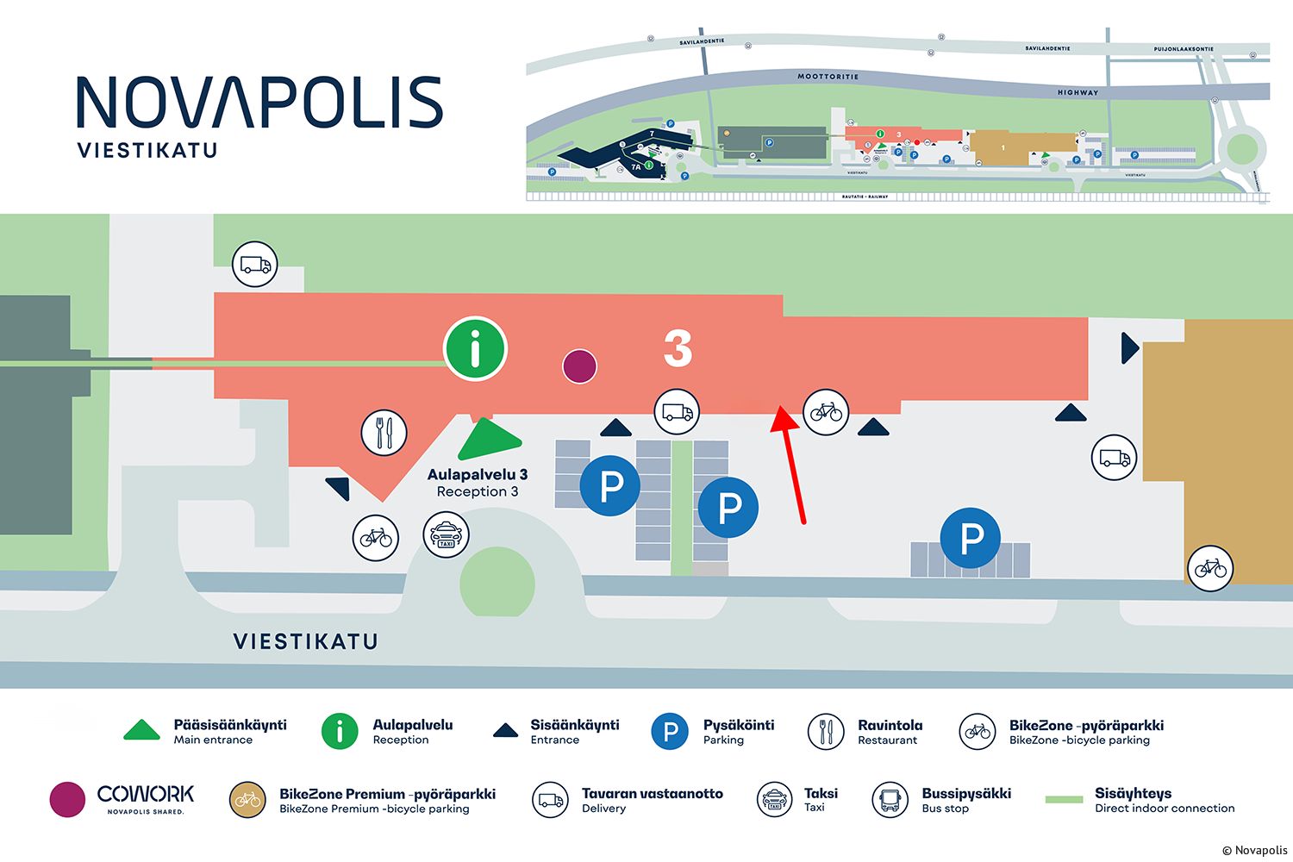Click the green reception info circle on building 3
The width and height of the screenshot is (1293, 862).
point(475,349)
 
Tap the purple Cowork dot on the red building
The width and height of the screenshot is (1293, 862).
point(579,366)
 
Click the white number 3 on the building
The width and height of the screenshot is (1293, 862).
point(678,348)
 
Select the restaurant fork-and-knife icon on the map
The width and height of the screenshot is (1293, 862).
point(384,433)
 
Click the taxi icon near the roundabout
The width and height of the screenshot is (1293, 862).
point(446,534)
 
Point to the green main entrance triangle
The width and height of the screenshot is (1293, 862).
point(488,440)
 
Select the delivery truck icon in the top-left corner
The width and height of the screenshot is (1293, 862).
point(255,264)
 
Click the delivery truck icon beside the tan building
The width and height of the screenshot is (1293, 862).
point(1114,458)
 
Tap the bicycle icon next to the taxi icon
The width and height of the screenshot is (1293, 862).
point(376,538)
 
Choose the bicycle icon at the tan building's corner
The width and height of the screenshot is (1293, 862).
point(1210,568)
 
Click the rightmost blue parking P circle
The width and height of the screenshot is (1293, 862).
point(971,538)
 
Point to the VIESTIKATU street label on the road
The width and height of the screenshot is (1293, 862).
point(306,641)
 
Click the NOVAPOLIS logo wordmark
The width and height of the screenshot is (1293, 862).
point(259,103)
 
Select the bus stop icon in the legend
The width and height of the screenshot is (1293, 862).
point(890,800)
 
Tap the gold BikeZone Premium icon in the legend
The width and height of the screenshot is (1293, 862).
point(247,800)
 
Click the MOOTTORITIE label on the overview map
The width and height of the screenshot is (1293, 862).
point(828,77)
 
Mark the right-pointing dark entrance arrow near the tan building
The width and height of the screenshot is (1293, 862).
point(1129,348)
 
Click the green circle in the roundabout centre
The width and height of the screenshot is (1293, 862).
point(497,584)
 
